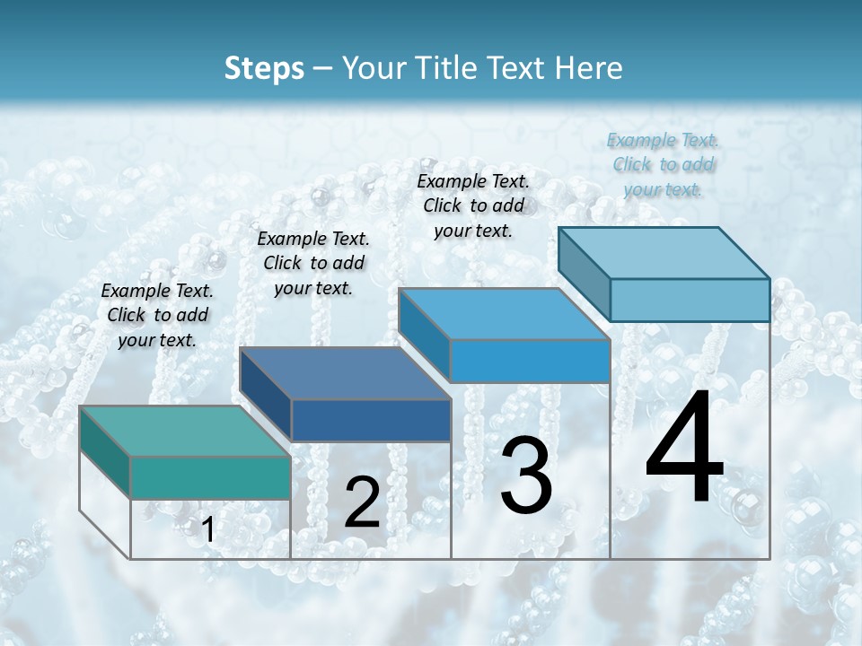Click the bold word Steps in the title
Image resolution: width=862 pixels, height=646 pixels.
pyautogui.click(x=264, y=68)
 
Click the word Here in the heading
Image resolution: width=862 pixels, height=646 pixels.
pyautogui.click(x=587, y=68)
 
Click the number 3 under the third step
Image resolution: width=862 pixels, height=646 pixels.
pyautogui.click(x=526, y=476)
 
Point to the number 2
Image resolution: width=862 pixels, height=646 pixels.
pyautogui.click(x=362, y=503)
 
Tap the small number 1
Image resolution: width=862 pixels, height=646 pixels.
pyautogui.click(x=208, y=530)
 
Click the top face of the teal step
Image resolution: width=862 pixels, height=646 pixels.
pyautogui.click(x=184, y=432)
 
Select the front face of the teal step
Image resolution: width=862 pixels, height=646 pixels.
pyautogui.click(x=210, y=477)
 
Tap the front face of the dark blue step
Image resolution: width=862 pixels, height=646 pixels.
pyautogui.click(x=371, y=420)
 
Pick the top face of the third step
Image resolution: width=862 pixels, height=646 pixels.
pyautogui.click(x=504, y=314)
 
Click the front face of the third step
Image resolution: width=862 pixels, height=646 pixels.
pyautogui.click(x=530, y=361)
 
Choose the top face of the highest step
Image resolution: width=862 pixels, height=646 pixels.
pyautogui.click(x=664, y=253)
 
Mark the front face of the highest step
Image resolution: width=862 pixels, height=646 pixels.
pyautogui.click(x=690, y=300)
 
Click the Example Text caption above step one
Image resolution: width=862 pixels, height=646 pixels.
pyautogui.click(x=157, y=315)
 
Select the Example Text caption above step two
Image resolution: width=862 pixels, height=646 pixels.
pyautogui.click(x=313, y=263)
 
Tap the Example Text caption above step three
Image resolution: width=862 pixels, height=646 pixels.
pyautogui.click(x=473, y=205)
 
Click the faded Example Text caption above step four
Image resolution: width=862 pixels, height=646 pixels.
pyautogui.click(x=663, y=164)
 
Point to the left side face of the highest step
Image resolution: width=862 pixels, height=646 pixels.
pyautogui.click(x=585, y=269)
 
